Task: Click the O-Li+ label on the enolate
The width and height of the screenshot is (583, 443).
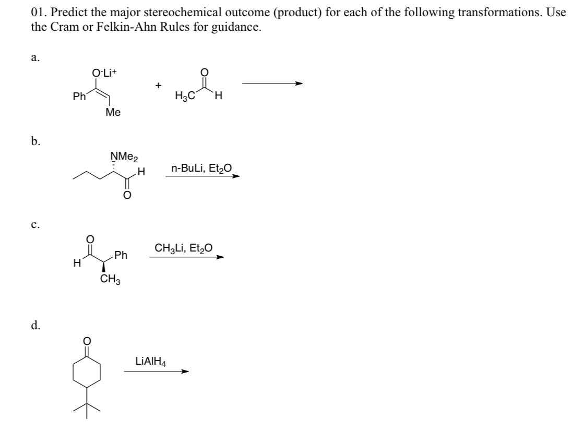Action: coord(104,74)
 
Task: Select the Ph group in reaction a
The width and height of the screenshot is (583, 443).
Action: coord(79,97)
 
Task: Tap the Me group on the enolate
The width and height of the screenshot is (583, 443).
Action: coord(113,112)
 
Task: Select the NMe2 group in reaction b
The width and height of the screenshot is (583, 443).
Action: coord(121,155)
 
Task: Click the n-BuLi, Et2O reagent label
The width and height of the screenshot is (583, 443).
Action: coord(201,168)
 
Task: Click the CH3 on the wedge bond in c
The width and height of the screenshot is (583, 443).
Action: coord(110,280)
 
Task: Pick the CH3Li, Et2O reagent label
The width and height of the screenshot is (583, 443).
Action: coord(183,248)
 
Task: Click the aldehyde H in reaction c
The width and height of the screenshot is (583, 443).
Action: coord(77,264)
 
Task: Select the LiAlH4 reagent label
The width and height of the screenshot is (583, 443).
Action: coord(151,361)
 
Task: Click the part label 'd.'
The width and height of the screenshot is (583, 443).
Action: coord(35,326)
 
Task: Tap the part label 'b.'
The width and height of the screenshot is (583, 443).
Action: coord(35,141)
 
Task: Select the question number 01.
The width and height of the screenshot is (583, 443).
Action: coord(37,13)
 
